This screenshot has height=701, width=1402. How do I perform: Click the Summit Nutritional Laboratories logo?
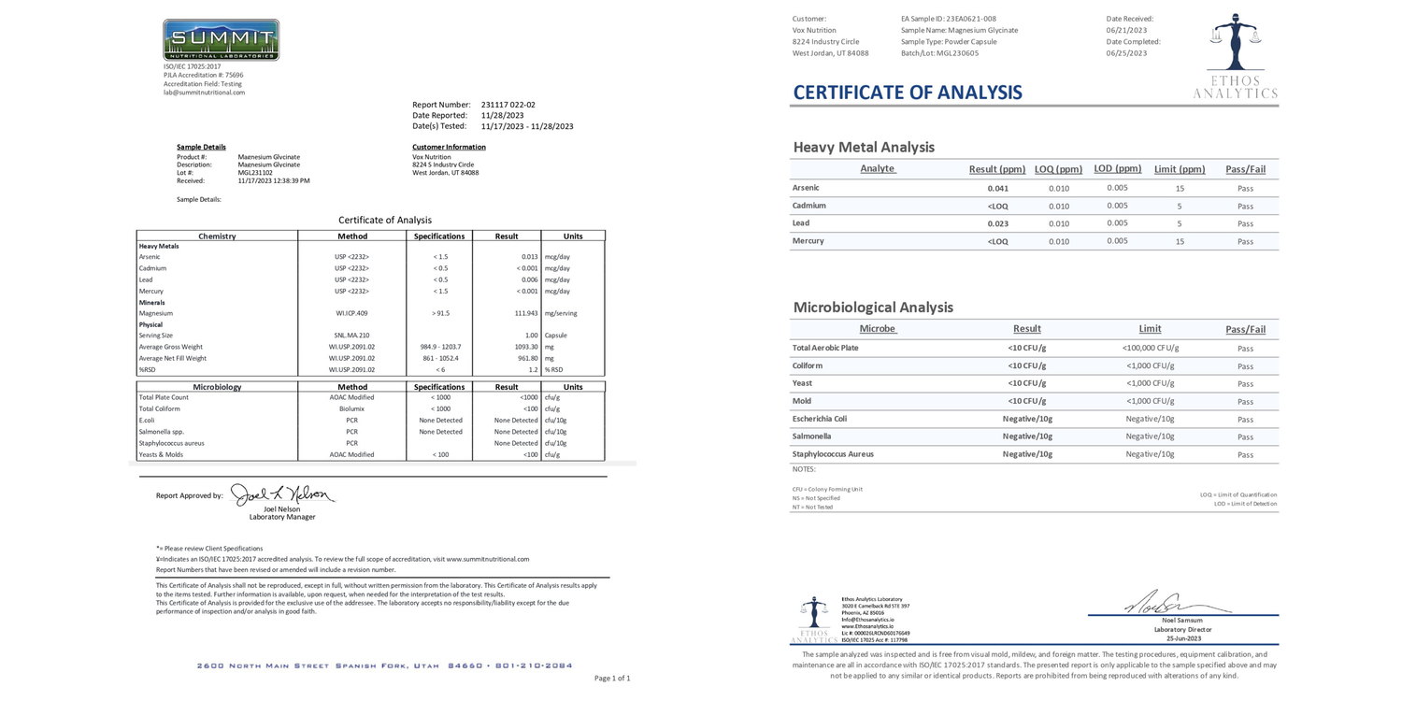(221, 40)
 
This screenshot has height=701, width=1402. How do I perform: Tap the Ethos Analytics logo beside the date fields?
(1235, 56)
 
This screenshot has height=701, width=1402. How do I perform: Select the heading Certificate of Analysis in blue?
(908, 93)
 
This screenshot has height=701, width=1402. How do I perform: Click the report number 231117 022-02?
(508, 105)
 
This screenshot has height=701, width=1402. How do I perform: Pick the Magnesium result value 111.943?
(526, 313)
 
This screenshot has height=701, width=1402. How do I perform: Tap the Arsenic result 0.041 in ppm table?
(997, 188)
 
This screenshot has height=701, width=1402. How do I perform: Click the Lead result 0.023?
(997, 223)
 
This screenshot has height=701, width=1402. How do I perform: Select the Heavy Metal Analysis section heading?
(864, 147)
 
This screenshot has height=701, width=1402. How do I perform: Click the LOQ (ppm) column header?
(1058, 169)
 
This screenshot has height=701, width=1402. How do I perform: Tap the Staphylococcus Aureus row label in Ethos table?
(833, 454)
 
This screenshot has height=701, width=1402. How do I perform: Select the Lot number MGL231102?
(255, 172)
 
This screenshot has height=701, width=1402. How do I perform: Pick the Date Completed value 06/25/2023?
(1126, 53)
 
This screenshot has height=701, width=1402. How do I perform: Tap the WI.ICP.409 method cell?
(351, 313)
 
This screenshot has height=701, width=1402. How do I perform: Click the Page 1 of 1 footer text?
(612, 678)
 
